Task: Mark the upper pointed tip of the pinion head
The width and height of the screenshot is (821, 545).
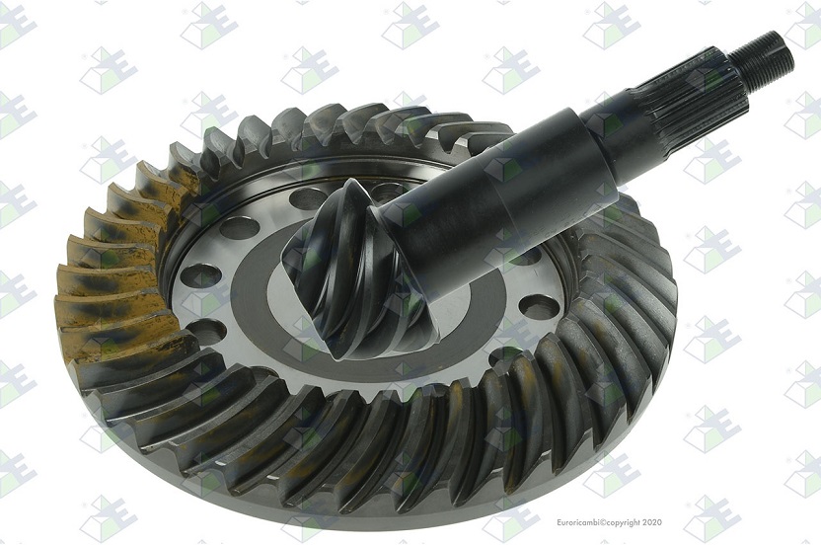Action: point(349,180)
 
